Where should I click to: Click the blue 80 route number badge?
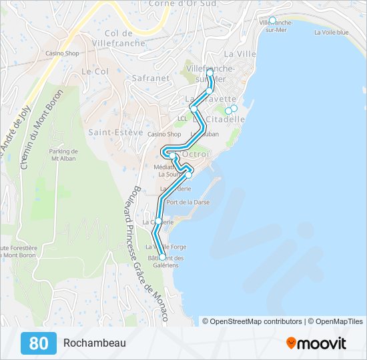point(39,343)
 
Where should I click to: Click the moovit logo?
point(316,343)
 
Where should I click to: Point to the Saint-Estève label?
point(116,132)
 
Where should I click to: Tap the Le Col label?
point(95,71)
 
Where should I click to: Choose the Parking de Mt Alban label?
point(65,155)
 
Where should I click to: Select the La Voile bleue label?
point(331,32)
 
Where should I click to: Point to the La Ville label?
point(240,53)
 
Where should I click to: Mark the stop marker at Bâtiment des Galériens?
point(162,257)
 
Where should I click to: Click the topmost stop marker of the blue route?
point(210,71)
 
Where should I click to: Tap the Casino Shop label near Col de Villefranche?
point(62,53)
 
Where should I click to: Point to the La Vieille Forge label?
point(166,247)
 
